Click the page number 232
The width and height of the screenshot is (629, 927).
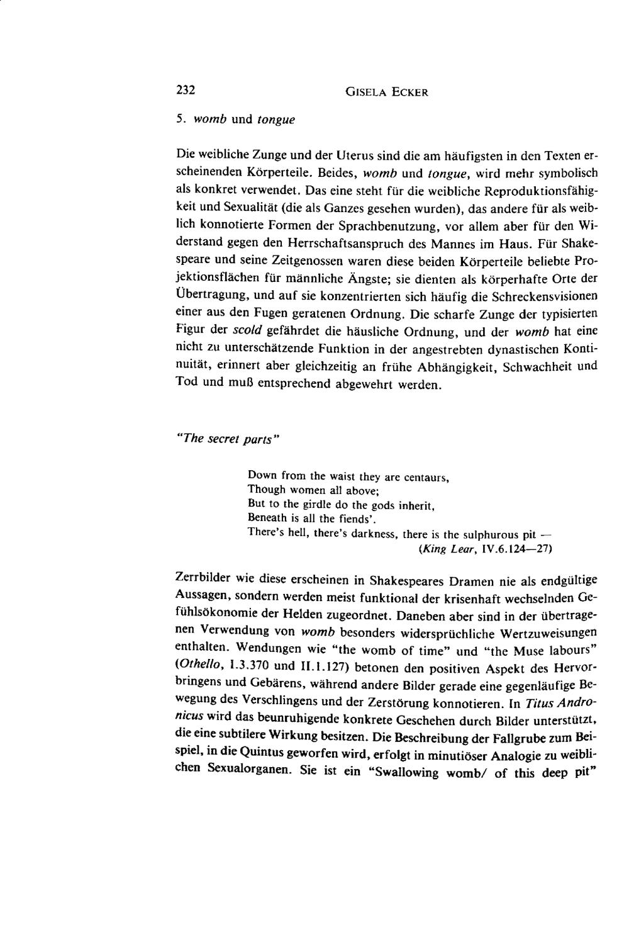pyautogui.click(x=185, y=90)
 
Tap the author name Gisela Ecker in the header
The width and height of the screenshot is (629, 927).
pyautogui.click(x=387, y=92)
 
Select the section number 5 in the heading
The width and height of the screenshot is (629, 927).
pyautogui.click(x=179, y=118)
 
